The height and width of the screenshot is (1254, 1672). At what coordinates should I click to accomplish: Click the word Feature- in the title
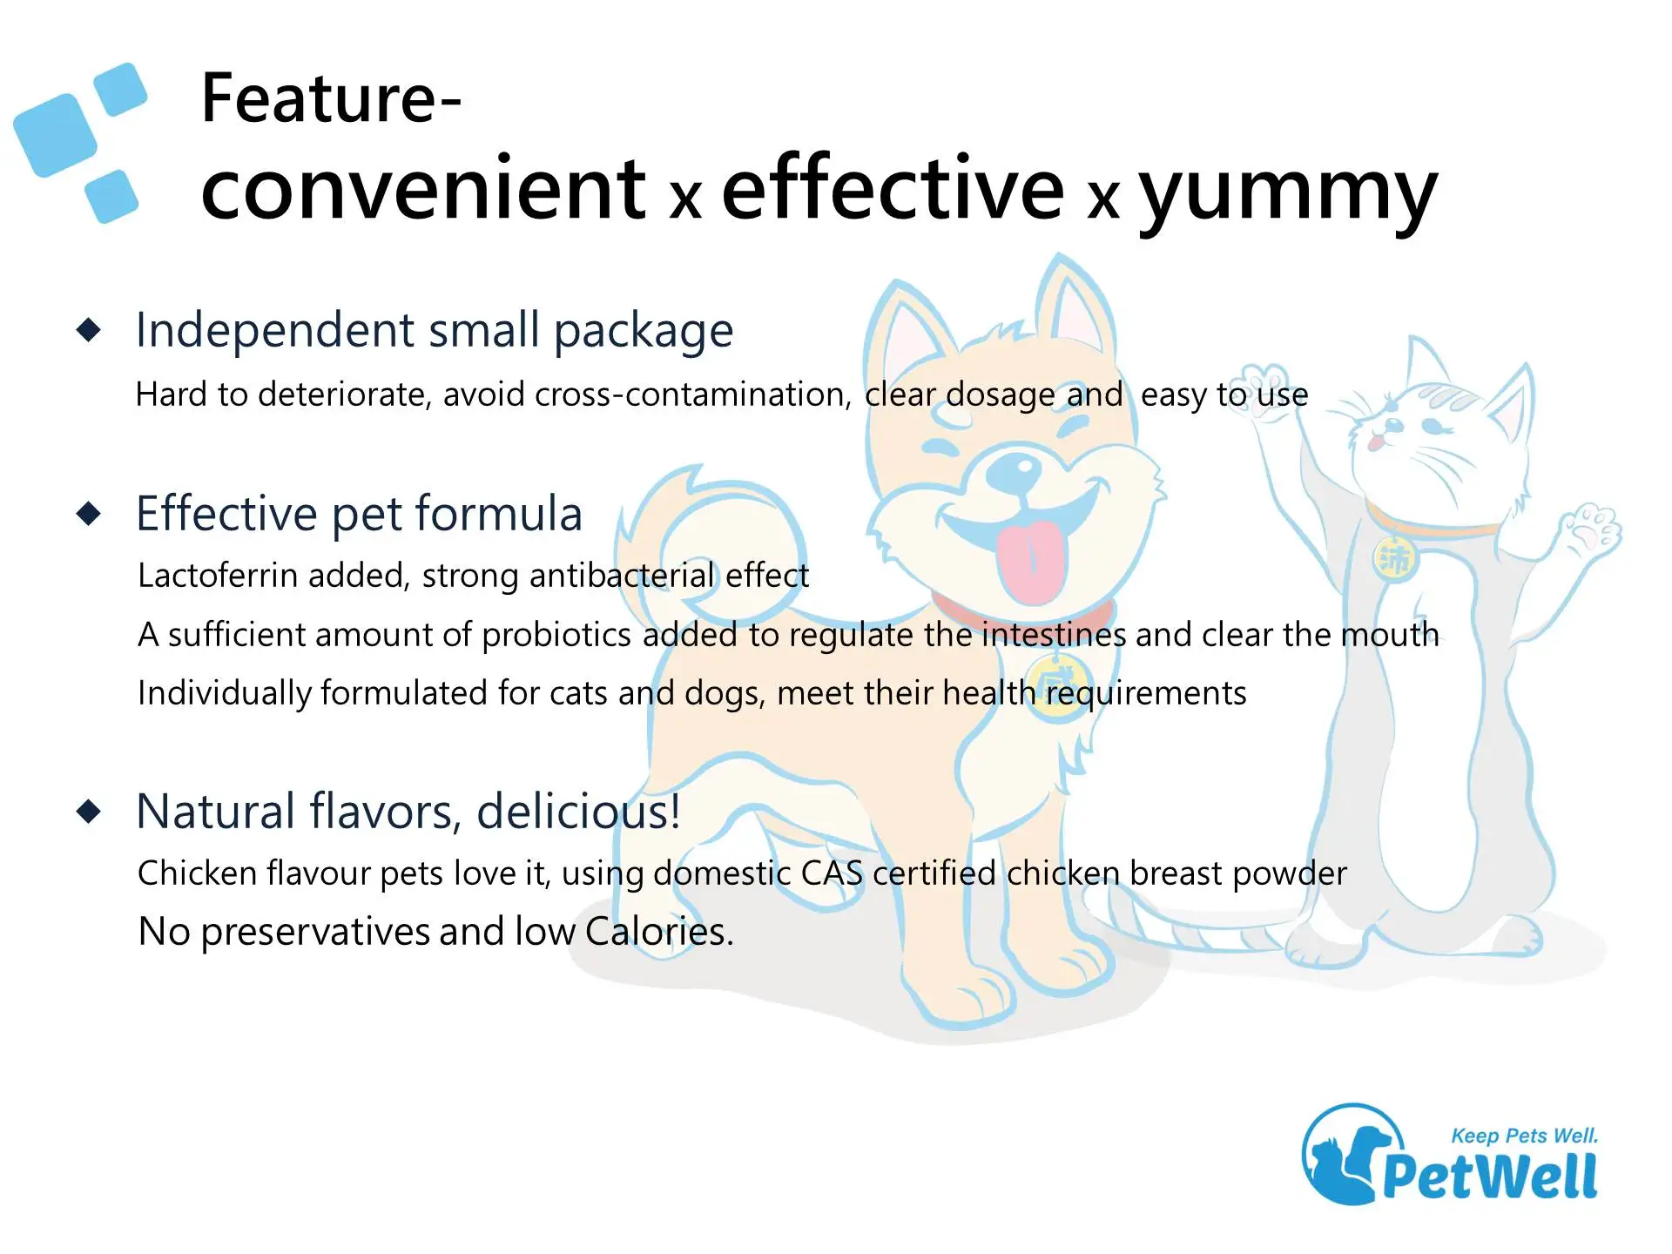click(x=330, y=98)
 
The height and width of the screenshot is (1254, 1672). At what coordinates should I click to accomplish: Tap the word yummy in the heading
click(x=1289, y=194)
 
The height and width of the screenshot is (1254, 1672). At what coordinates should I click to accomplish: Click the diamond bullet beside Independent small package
click(x=89, y=330)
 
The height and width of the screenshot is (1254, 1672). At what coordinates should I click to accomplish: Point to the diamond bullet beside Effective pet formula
click(x=89, y=514)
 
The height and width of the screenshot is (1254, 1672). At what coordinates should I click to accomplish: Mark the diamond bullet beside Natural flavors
click(x=89, y=812)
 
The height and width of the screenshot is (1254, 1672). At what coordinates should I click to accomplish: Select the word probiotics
click(x=556, y=635)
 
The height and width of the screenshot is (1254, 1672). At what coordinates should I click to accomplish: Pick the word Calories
click(x=659, y=932)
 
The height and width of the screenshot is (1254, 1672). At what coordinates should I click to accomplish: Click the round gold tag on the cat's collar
click(x=1395, y=558)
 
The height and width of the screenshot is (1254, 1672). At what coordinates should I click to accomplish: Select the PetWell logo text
click(x=1490, y=1176)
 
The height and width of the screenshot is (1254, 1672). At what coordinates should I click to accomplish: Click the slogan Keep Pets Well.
click(x=1524, y=1136)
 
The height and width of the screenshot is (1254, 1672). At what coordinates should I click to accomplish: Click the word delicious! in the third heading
click(x=578, y=812)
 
